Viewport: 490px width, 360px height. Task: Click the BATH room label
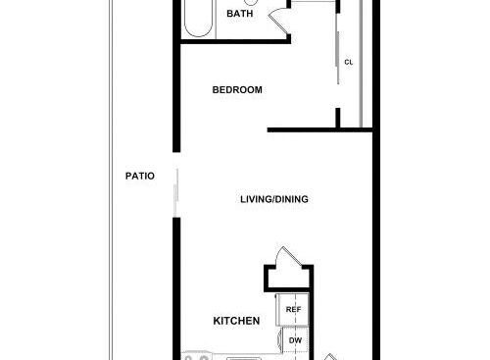tap(239, 14)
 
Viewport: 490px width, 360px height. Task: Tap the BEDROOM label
tap(237, 89)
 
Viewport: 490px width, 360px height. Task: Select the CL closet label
tap(349, 62)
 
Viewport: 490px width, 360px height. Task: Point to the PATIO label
tap(140, 176)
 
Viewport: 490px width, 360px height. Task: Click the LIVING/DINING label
tap(274, 199)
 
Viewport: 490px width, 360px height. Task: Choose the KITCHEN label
tap(236, 321)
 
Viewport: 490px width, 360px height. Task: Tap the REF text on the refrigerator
tap(293, 309)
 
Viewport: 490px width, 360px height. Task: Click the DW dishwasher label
tap(295, 340)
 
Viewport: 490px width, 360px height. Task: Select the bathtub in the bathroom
tap(199, 19)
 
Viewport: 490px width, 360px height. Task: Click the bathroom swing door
tap(278, 20)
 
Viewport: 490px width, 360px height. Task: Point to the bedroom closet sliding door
tap(338, 58)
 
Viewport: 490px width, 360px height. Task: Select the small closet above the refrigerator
tap(288, 278)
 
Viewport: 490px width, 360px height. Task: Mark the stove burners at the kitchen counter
tap(196, 357)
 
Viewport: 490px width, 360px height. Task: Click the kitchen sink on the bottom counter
tap(244, 359)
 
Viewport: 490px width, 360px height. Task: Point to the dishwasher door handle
tap(279, 340)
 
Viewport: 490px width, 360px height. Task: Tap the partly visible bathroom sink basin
tap(251, 3)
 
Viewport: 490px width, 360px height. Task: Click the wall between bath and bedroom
tap(235, 41)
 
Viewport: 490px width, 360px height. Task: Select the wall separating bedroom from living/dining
tap(320, 129)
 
